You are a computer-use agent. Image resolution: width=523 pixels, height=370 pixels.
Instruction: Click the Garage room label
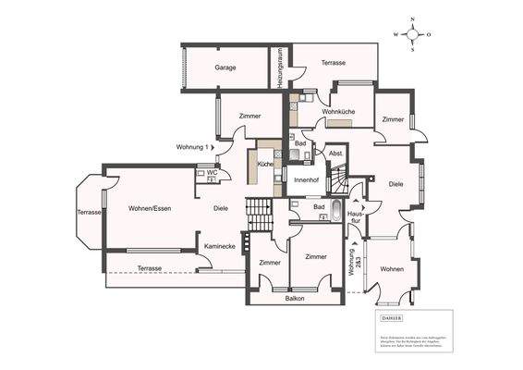tap(225, 68)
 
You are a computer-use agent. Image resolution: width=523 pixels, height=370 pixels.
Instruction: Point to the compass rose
tap(413, 34)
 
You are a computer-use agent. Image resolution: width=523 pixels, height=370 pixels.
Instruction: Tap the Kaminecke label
tap(219, 247)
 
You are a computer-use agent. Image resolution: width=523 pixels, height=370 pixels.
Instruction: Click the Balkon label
tap(295, 299)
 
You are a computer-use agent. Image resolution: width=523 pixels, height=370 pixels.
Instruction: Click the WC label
tap(212, 172)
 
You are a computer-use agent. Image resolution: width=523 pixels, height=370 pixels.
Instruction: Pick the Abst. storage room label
tap(336, 153)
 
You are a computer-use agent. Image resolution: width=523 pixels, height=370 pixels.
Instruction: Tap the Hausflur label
tap(355, 217)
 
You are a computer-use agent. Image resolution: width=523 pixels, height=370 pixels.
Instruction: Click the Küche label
tap(265, 163)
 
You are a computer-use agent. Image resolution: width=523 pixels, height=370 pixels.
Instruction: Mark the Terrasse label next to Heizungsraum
tap(334, 62)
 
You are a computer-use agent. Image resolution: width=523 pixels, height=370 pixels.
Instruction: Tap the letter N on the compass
tap(413, 18)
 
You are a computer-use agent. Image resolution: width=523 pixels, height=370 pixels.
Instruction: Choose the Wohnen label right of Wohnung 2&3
tap(392, 269)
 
